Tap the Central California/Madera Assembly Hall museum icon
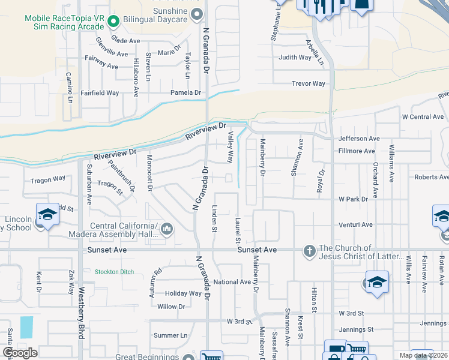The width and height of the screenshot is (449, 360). tap(167, 229)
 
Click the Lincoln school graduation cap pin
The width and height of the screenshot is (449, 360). tap(47, 214)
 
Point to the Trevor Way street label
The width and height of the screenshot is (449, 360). tap(308, 84)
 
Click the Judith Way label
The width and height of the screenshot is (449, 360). tap(295, 58)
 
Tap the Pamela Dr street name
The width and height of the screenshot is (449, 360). tap(185, 93)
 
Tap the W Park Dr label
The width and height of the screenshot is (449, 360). tap(352, 199)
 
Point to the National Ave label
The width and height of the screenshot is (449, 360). tap(232, 282)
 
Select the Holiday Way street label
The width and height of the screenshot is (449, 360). tap(183, 293)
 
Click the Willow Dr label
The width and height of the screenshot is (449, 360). tap(171, 307)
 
